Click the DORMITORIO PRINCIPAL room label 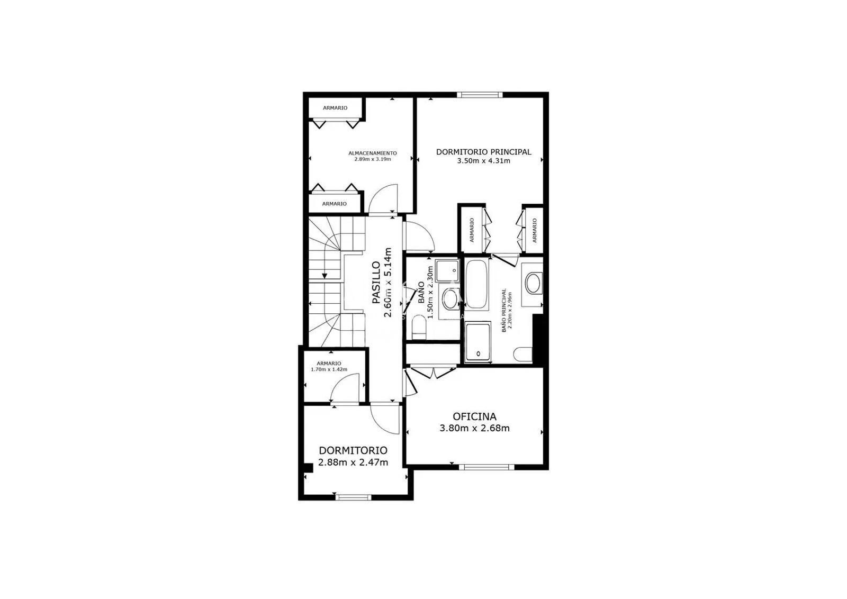click(483, 152)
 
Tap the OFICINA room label click(474, 417)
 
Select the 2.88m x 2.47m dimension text click(353, 462)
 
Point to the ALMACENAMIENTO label click(372, 153)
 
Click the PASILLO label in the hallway click(376, 283)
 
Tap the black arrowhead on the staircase click(324, 275)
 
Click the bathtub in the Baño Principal click(476, 284)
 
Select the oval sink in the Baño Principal click(533, 283)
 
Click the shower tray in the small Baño click(447, 270)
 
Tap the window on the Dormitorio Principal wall click(480, 95)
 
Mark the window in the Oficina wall click(486, 467)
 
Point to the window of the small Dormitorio click(354, 496)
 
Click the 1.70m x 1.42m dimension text click(329, 369)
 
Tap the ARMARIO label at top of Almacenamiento click(335, 108)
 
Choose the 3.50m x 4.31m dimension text click(483, 161)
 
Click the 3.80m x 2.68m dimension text click(474, 428)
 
